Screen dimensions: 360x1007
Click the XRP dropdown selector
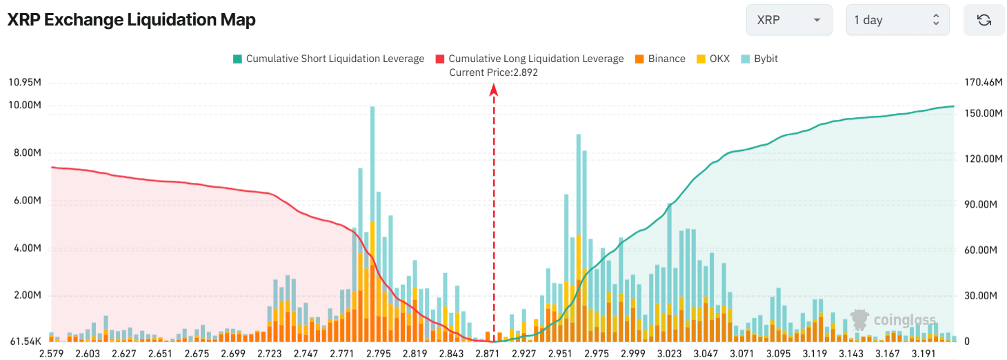(788, 20)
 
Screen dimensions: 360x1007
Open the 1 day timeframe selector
(897, 20)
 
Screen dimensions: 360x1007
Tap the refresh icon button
(984, 20)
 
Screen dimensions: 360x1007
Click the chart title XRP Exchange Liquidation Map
(131, 20)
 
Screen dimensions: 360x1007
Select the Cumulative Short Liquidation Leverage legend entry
(328, 59)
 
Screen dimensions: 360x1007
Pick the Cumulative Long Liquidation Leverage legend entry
(529, 59)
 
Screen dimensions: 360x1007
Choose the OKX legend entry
(713, 59)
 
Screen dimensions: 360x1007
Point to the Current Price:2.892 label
(493, 72)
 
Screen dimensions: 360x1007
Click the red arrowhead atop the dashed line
(494, 89)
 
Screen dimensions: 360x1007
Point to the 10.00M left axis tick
(25, 106)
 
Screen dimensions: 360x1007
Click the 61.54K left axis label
(25, 341)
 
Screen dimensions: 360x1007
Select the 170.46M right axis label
(982, 83)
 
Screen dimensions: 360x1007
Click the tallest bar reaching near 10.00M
(372, 207)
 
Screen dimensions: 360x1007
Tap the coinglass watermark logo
(893, 319)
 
